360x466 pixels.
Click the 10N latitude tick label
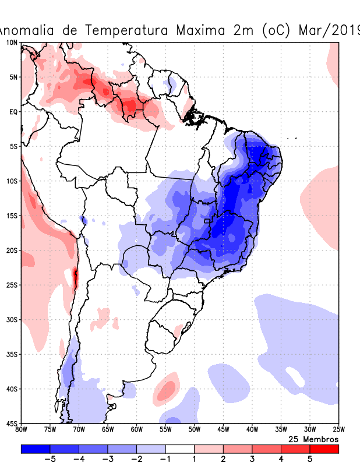click(12, 43)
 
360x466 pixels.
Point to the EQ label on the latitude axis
click(13, 111)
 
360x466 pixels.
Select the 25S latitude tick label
click(12, 285)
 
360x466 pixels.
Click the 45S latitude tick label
click(12, 423)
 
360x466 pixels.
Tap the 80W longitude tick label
click(21, 430)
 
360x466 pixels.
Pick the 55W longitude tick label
click(165, 430)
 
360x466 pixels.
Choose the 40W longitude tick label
click(252, 430)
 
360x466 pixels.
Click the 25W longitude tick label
click(338, 430)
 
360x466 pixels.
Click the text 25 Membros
click(314, 439)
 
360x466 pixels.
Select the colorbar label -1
click(165, 459)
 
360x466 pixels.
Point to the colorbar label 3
click(252, 459)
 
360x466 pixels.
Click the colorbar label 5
click(310, 459)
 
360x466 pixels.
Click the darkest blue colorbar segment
click(36, 449)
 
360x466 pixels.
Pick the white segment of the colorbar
click(180, 449)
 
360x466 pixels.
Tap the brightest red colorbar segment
click(324, 449)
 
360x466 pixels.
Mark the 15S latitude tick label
click(12, 216)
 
